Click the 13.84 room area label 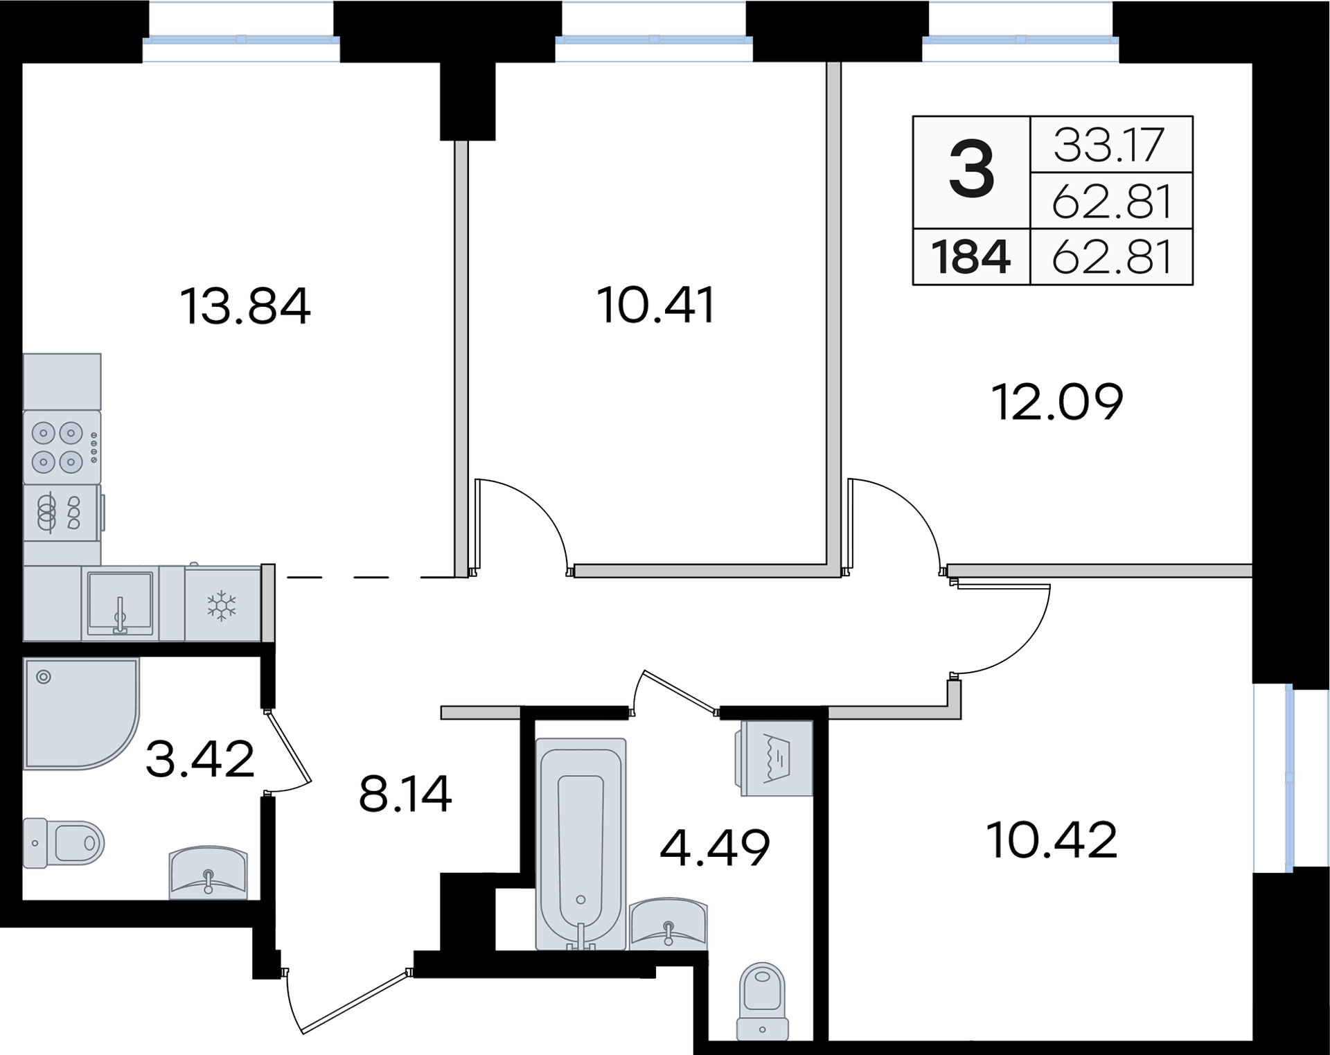pos(245,306)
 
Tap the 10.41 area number pos(655,305)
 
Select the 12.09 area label pos(1057,402)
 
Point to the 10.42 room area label pos(1052,841)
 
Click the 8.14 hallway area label pos(405,794)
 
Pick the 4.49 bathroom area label pos(714,847)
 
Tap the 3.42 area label pos(199,759)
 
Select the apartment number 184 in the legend pos(970,257)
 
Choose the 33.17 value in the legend pos(1110,145)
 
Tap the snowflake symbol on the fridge pos(222,605)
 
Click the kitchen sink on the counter pos(120,603)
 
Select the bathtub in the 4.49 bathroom pos(580,844)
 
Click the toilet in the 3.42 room pos(63,843)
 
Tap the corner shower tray pos(81,713)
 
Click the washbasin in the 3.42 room pos(209,872)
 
